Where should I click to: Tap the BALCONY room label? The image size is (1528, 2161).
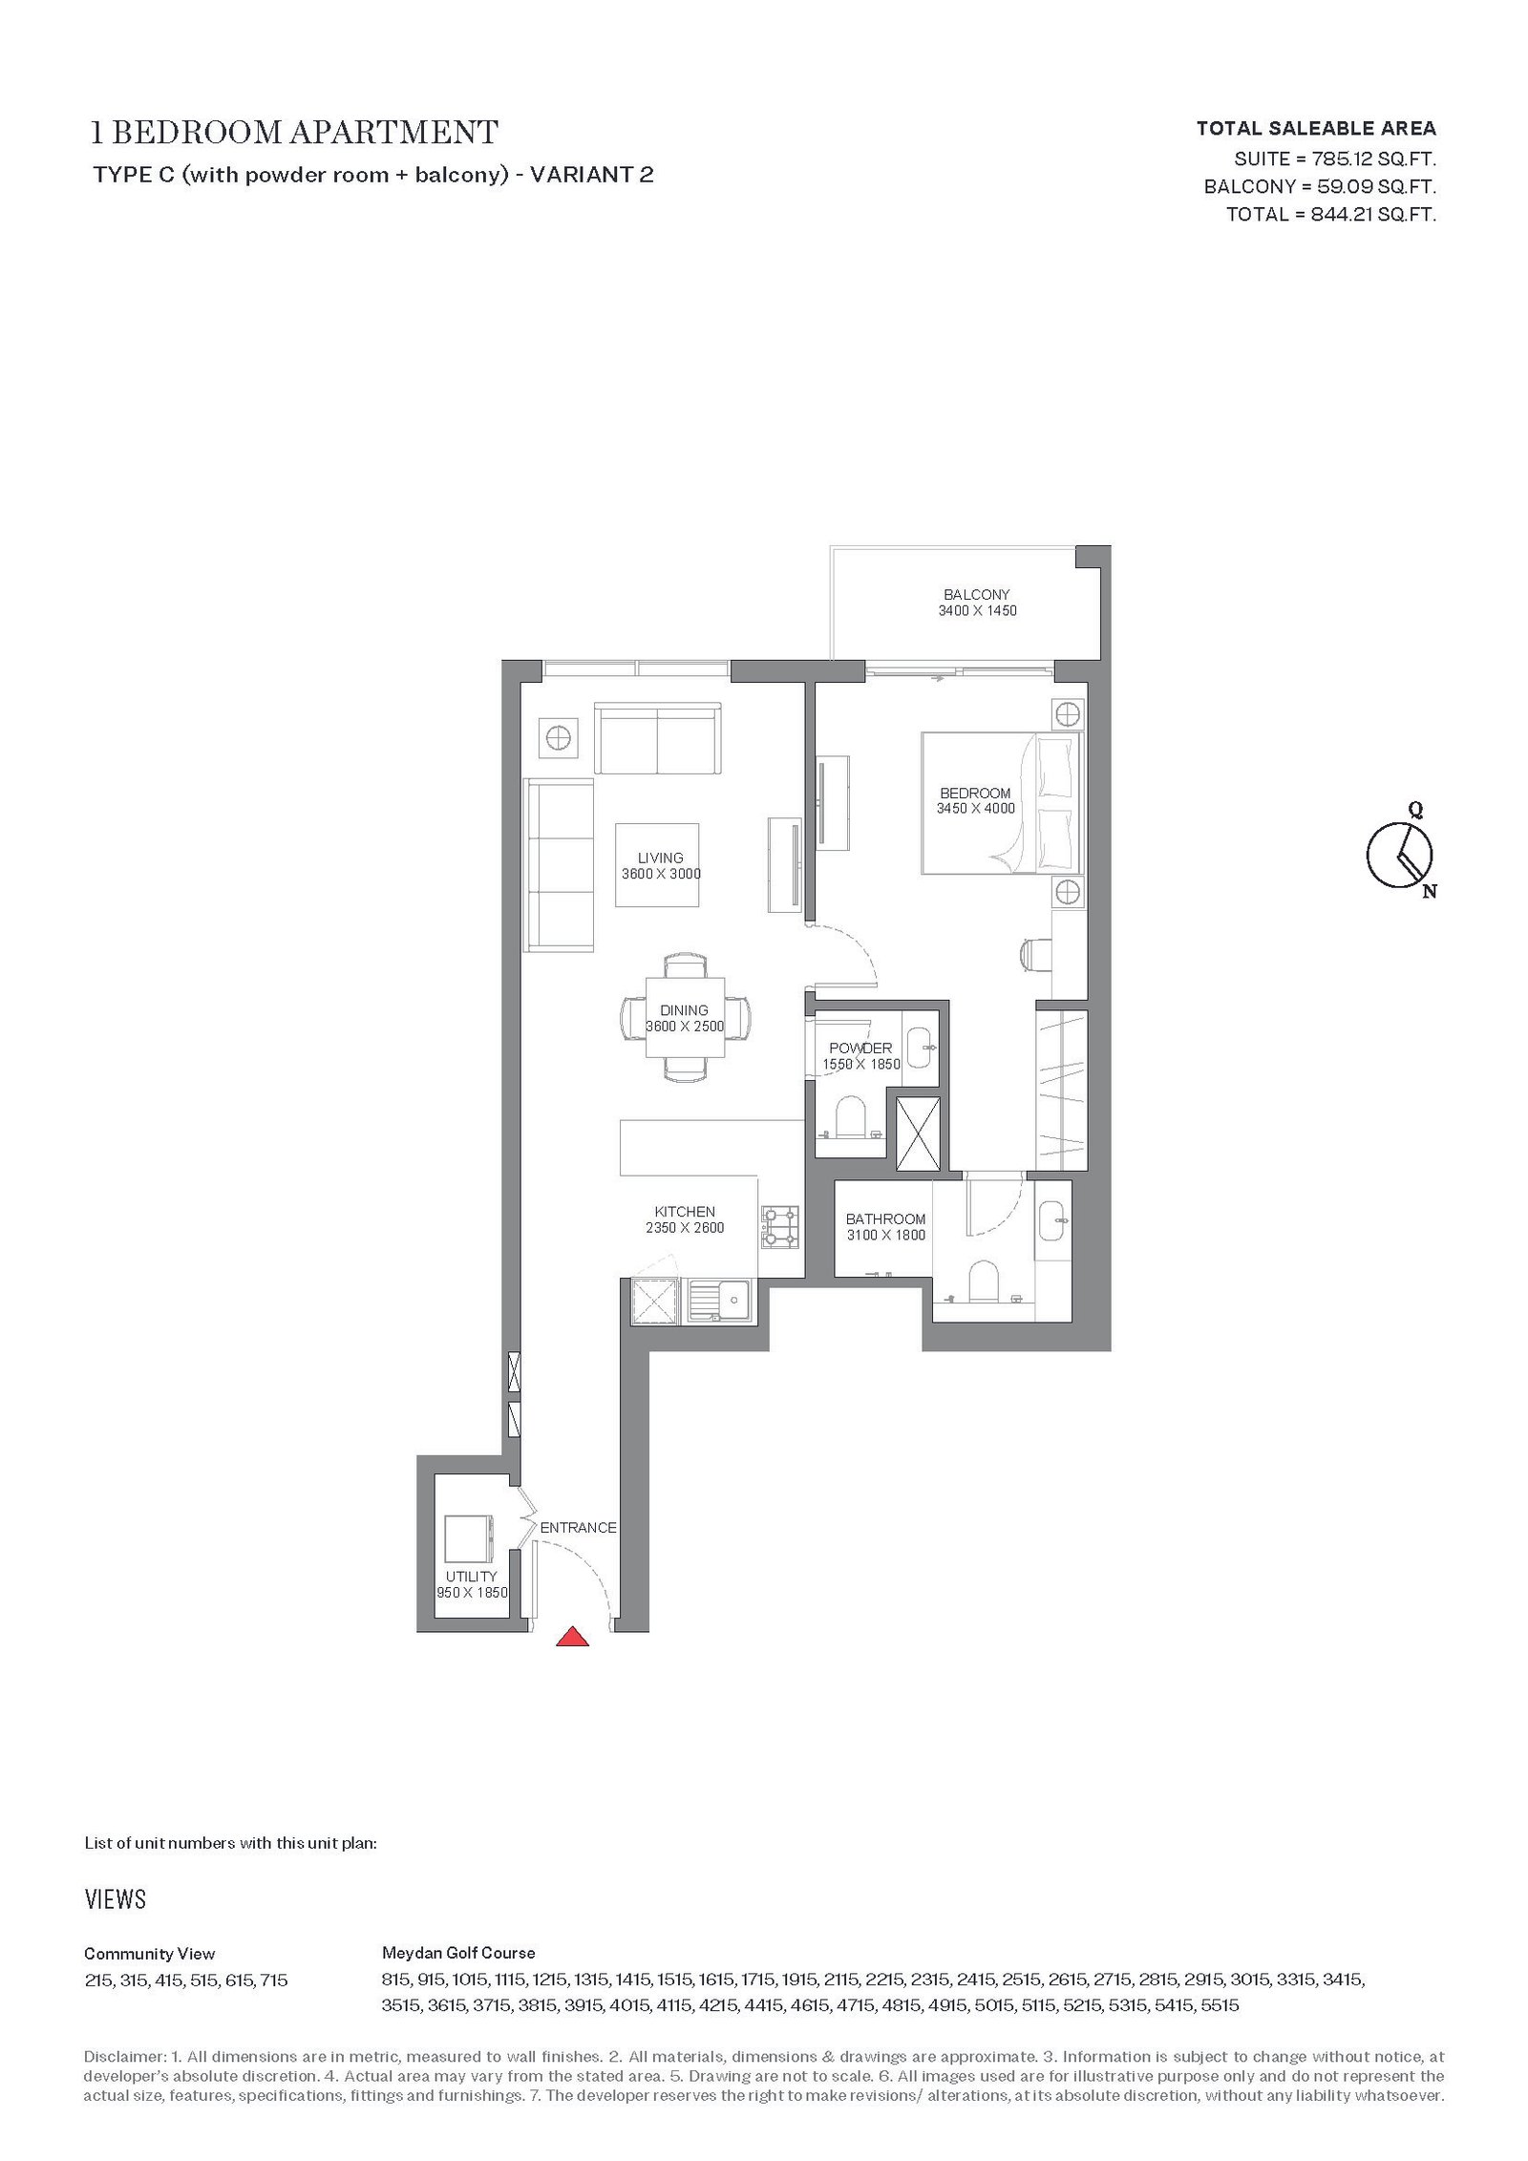pyautogui.click(x=977, y=594)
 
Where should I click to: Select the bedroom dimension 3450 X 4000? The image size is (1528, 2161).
pyautogui.click(x=976, y=809)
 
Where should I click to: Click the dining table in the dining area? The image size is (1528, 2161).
pyautogui.click(x=685, y=1018)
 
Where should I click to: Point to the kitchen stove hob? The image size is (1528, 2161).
pyautogui.click(x=780, y=1227)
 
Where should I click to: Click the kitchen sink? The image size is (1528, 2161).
pyautogui.click(x=719, y=1301)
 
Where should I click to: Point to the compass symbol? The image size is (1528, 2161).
pyautogui.click(x=1399, y=853)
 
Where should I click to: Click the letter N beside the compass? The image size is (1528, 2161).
pyautogui.click(x=1430, y=893)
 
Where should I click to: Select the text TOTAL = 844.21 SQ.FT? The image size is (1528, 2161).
pyautogui.click(x=1331, y=215)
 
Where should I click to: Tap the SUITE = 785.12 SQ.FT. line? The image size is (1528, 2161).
pyautogui.click(x=1335, y=159)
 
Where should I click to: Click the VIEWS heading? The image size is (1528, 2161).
pyautogui.click(x=116, y=1899)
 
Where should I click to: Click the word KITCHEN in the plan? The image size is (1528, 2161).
pyautogui.click(x=685, y=1212)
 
